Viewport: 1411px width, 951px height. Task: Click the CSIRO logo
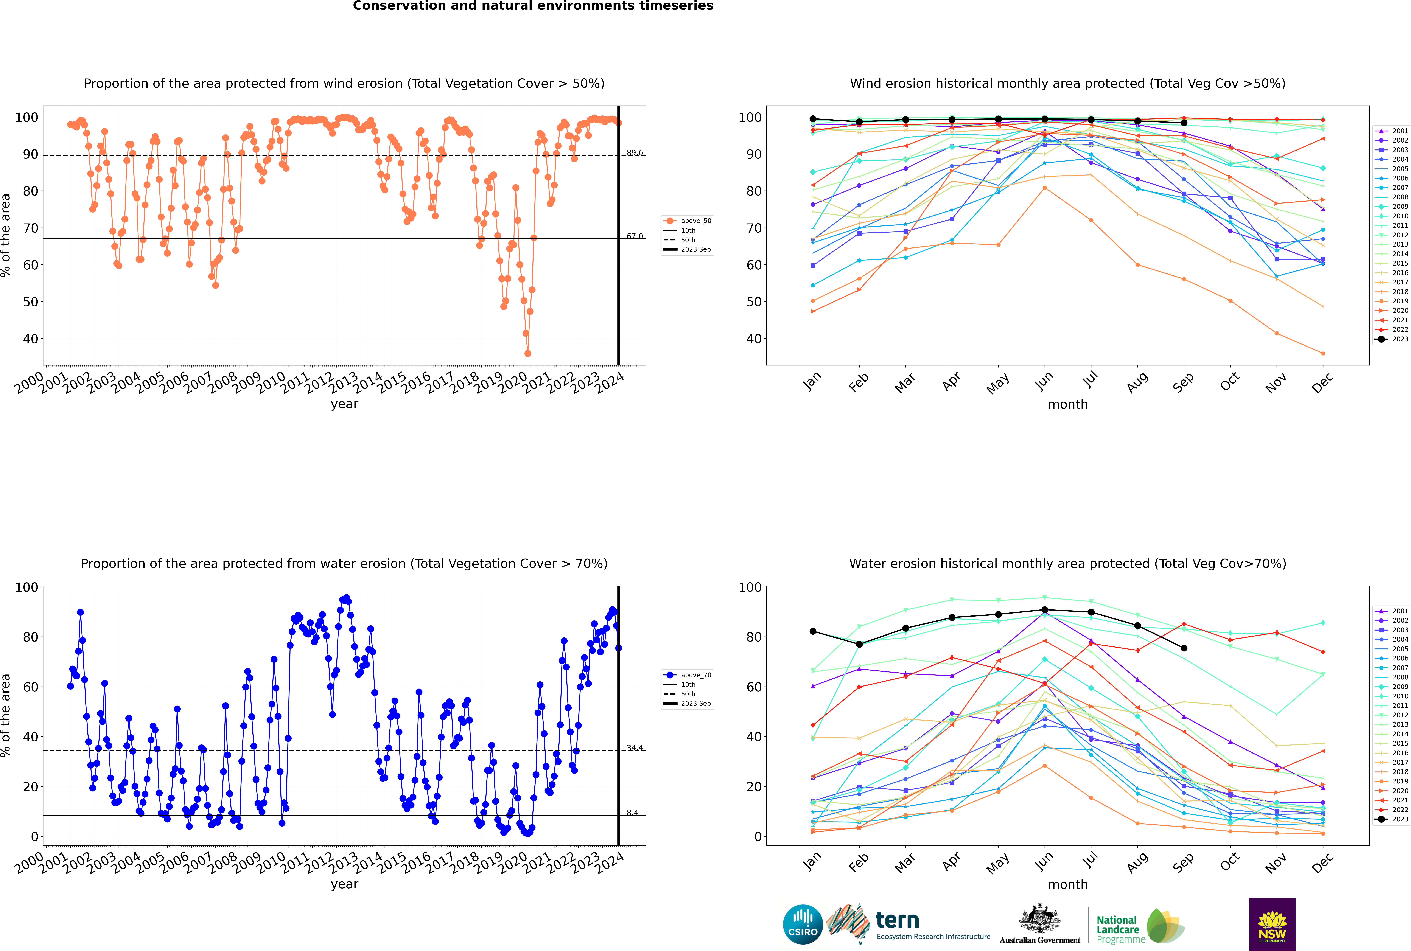(x=803, y=925)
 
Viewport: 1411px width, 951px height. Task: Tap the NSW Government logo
(x=1272, y=924)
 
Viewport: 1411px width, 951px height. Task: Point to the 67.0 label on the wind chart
(x=635, y=236)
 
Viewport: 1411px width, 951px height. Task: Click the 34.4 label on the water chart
(x=635, y=748)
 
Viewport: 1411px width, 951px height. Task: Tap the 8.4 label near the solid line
(x=632, y=813)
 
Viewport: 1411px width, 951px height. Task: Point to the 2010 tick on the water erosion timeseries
(x=271, y=862)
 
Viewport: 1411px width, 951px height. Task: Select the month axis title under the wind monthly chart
(x=1068, y=405)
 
